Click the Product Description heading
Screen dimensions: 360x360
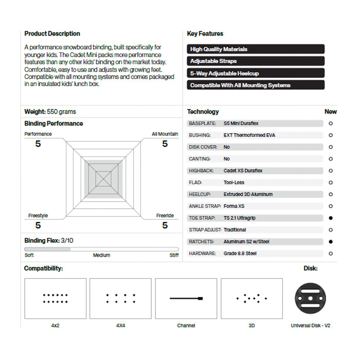pyautogui.click(x=52, y=34)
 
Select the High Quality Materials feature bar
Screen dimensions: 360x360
pyautogui.click(x=256, y=49)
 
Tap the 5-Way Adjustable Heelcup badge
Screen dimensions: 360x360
pyautogui.click(x=256, y=74)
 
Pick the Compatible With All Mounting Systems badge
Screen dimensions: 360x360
pyautogui.click(x=256, y=85)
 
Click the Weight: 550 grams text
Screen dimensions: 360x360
pyautogui.click(x=50, y=112)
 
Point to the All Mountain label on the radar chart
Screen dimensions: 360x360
pyautogui.click(x=165, y=134)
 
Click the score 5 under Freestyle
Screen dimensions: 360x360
pyautogui.click(x=38, y=225)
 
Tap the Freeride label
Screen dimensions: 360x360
pyautogui.click(x=165, y=216)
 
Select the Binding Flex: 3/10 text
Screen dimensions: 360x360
pyautogui.click(x=49, y=240)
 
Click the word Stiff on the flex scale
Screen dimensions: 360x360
pyautogui.click(x=174, y=255)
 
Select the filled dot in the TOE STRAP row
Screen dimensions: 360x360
pyautogui.click(x=331, y=218)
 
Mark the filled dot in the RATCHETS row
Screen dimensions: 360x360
pyautogui.click(x=331, y=242)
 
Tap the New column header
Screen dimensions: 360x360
pyautogui.click(x=331, y=112)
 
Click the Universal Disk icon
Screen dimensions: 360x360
pyautogui.click(x=310, y=298)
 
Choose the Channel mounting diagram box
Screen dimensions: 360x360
pyautogui.click(x=186, y=298)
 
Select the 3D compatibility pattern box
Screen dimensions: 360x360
pyautogui.click(x=251, y=298)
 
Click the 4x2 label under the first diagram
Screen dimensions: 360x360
pyautogui.click(x=55, y=326)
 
